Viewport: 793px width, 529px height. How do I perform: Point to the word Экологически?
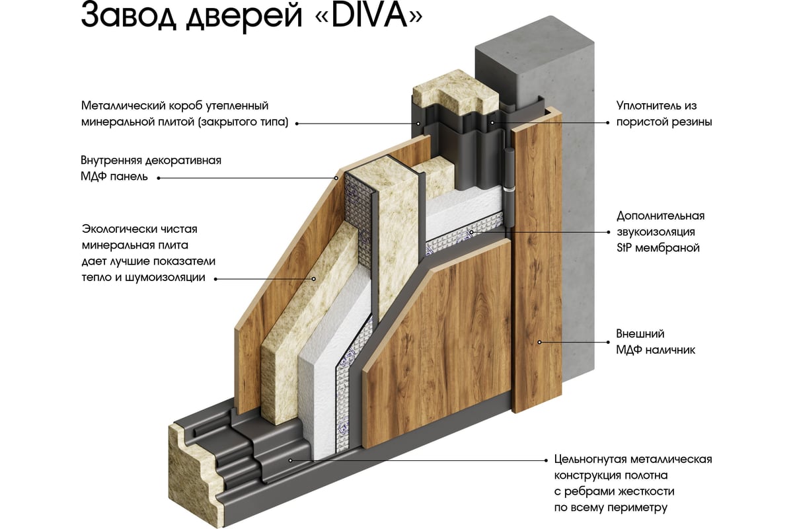120,229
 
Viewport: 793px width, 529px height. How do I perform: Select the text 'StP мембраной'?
658,249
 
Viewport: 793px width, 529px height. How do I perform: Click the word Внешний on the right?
640,334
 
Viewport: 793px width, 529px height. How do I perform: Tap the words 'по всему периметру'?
611,508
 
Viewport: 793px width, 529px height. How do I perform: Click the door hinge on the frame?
508,179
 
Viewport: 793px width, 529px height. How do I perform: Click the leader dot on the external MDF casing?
539,342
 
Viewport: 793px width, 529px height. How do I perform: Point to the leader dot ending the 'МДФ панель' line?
335,177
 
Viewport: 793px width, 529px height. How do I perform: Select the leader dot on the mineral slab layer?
313,278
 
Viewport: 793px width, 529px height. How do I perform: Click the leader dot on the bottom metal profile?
291,459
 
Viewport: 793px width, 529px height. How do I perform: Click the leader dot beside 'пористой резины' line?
492,122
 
